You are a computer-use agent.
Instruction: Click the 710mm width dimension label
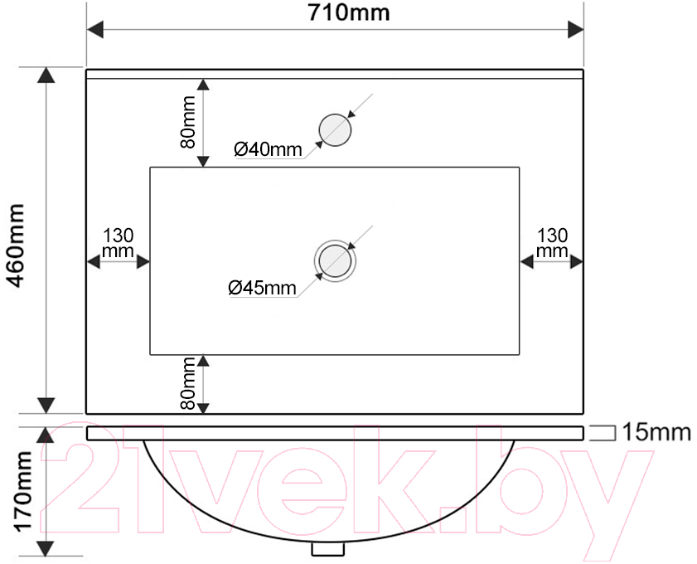tap(349, 13)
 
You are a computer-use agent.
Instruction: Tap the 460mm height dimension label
tap(17, 246)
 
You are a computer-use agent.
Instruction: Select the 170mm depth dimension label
tap(23, 492)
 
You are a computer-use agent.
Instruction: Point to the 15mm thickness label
tap(656, 432)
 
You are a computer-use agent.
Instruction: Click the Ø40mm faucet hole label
tap(268, 149)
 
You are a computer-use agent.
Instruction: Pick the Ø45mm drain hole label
tap(262, 288)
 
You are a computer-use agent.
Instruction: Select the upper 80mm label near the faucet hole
tap(188, 122)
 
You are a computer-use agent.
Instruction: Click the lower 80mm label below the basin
tap(188, 383)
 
